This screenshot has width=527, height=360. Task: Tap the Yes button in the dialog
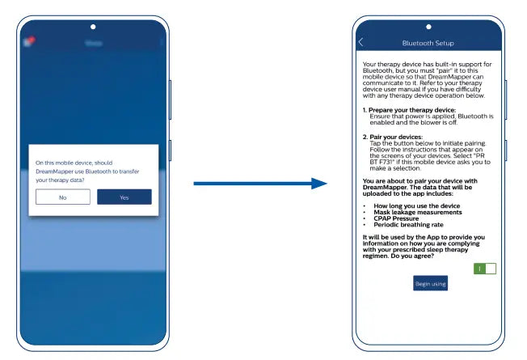click(x=124, y=197)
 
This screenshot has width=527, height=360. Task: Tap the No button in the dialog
click(x=63, y=197)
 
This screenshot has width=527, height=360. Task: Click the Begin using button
click(x=430, y=284)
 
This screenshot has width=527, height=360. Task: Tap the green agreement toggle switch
click(x=485, y=269)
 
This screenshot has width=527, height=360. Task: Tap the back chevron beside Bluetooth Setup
click(x=360, y=42)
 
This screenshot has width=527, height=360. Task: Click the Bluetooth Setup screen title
click(x=428, y=43)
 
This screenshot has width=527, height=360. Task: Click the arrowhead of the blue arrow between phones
click(x=319, y=184)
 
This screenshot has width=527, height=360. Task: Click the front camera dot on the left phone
click(x=93, y=27)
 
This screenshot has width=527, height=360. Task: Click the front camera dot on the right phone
click(x=428, y=27)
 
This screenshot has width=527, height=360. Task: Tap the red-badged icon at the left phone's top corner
click(x=30, y=41)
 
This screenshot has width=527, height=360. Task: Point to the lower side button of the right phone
click(x=505, y=150)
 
